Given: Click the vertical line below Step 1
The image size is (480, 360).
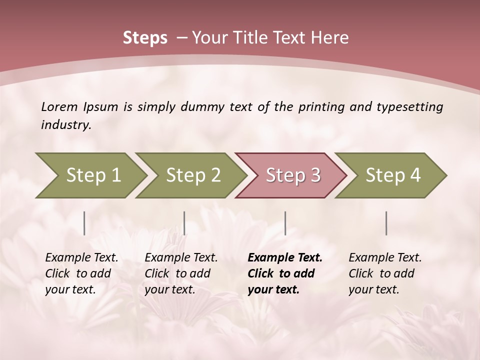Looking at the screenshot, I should tap(84, 223).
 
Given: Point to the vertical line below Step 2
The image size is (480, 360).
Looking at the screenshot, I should tap(184, 223).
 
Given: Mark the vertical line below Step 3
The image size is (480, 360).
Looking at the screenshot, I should tap(285, 223).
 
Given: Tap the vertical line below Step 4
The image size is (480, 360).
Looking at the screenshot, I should tap(386, 223).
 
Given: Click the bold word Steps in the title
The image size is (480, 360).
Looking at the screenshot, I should tap(145, 38).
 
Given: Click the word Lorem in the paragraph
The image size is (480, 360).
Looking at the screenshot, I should tap(59, 106).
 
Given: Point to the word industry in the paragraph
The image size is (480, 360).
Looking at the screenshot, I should tap(66, 125).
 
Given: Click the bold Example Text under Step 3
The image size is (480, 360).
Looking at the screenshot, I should tap(285, 258).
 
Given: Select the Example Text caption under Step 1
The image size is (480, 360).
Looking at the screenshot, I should tap(81, 258).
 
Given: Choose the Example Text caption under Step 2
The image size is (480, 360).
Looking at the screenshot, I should tap(181, 258).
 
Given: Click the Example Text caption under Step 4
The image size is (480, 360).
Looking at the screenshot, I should tap(385, 258).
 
